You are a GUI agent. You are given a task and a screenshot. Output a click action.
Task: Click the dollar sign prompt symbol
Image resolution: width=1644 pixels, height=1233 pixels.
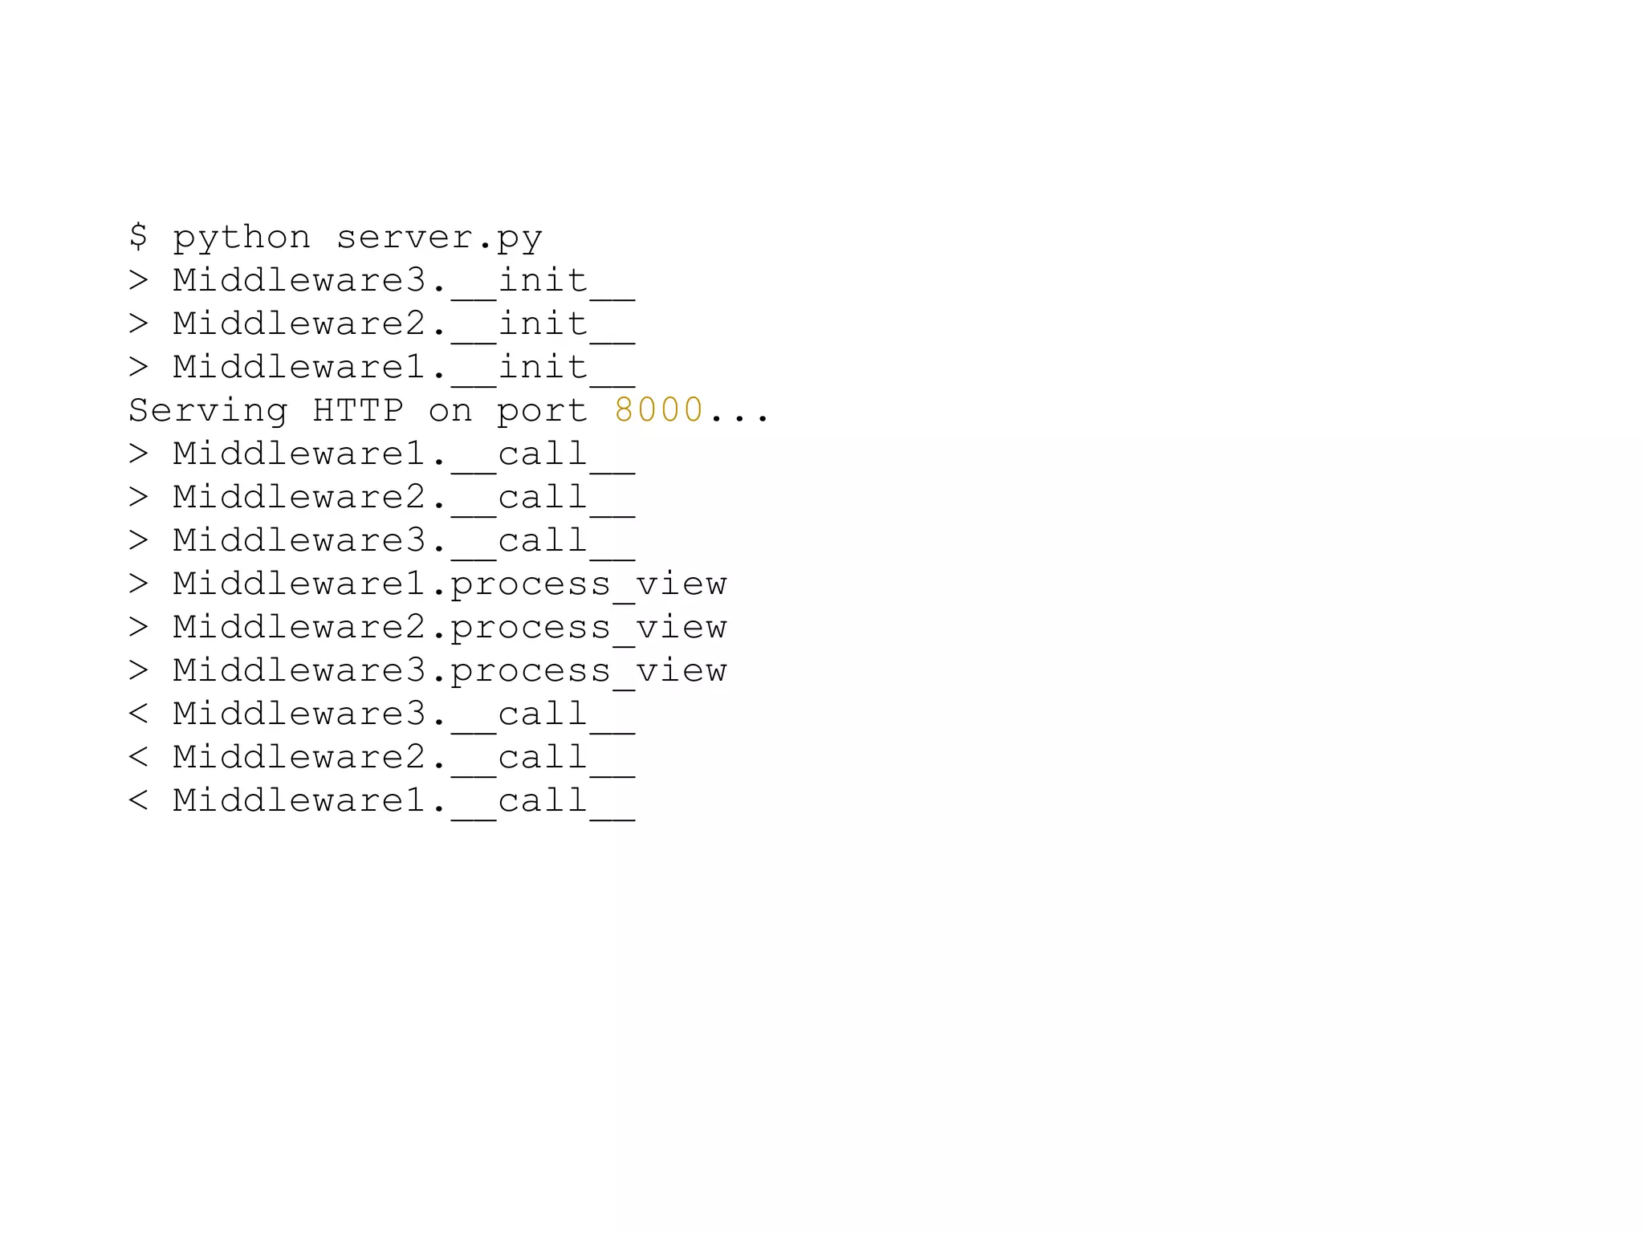pos(138,236)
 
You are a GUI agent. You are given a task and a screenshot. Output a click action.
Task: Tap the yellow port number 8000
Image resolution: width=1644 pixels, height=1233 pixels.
pos(659,410)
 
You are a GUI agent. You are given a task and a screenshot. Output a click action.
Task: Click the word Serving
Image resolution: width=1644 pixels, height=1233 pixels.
pos(208,411)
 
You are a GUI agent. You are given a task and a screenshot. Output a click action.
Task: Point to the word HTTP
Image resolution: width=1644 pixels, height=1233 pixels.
pos(358,410)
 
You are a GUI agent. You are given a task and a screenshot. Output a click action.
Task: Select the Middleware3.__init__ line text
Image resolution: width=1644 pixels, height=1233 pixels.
pos(404,281)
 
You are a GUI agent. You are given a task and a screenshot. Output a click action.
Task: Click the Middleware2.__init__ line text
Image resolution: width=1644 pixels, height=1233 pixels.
pos(404,324)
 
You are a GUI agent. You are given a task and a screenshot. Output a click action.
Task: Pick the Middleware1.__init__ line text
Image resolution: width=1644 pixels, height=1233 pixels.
pos(404,368)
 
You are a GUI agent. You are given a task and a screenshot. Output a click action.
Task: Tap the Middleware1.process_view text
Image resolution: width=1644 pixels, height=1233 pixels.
pos(450,584)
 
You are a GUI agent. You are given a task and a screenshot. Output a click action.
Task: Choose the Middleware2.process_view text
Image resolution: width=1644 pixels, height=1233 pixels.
pos(450,628)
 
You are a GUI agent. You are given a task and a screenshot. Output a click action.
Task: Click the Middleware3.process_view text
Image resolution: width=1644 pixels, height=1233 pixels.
pos(450,671)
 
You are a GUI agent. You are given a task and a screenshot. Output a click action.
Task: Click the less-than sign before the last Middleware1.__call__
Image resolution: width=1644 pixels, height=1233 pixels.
pos(138,800)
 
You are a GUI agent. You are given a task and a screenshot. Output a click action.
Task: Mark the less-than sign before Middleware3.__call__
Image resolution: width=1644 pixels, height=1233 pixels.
pos(138,714)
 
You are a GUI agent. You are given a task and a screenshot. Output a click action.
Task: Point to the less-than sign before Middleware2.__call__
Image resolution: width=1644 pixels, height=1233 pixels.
pos(138,757)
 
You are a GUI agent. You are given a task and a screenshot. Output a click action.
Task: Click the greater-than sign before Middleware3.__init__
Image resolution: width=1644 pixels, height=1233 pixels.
pos(138,280)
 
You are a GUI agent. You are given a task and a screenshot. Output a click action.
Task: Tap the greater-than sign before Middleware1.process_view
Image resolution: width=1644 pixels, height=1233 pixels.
pos(138,584)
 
